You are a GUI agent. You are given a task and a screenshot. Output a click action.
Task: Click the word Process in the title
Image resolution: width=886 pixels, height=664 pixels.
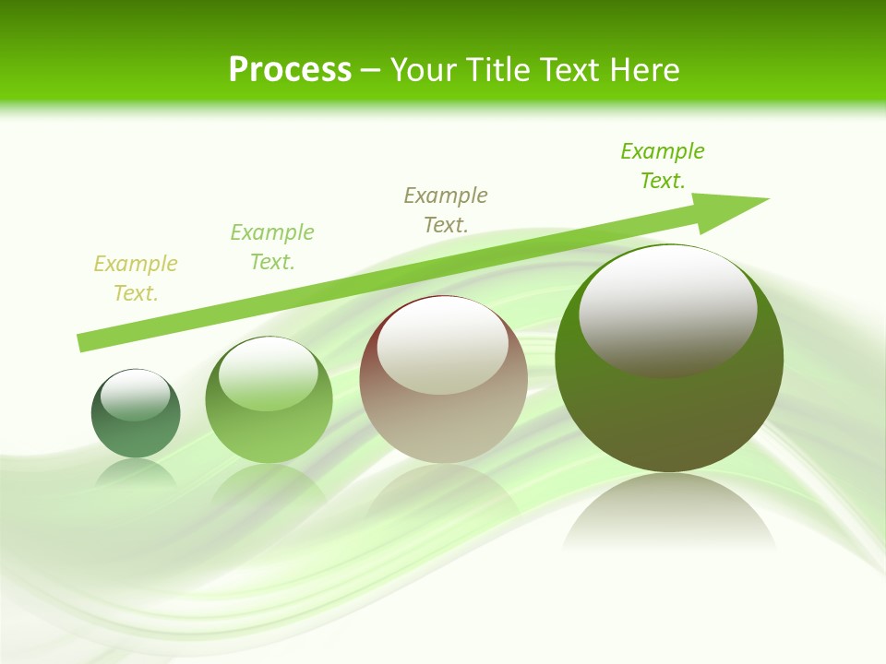tap(290, 70)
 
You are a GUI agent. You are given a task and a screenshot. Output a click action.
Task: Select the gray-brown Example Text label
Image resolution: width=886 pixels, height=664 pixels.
tap(446, 209)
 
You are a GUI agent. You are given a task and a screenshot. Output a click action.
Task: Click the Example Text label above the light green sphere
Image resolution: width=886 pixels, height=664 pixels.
tap(272, 246)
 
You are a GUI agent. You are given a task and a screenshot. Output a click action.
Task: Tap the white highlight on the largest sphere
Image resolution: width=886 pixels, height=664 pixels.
tap(667, 310)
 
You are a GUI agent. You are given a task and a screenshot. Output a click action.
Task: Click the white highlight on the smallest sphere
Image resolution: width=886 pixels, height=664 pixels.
tap(136, 395)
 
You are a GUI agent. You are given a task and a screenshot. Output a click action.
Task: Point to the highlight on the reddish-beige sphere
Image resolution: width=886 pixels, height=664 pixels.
tap(442, 346)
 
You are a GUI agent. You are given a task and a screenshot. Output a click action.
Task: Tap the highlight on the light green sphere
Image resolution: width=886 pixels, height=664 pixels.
tap(269, 373)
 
